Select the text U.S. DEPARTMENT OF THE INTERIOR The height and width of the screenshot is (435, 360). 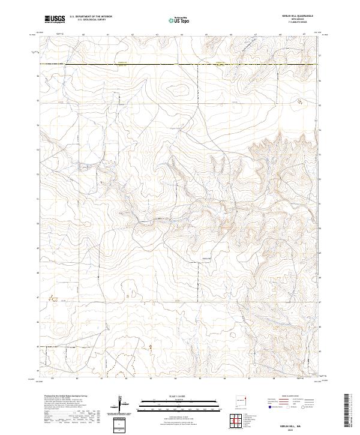pos(91,17)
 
